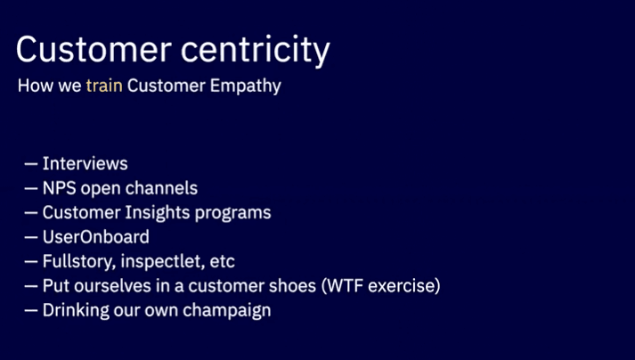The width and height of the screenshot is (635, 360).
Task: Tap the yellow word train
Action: pos(104,87)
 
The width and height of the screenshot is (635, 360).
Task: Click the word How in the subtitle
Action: pos(34,87)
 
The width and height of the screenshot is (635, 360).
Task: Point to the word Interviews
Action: pos(85,164)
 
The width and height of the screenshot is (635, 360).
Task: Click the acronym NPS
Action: pos(60,189)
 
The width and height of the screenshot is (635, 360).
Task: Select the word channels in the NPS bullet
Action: pos(163,189)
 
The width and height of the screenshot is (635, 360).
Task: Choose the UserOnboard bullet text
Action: pos(96,238)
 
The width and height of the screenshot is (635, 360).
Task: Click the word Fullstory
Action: pos(77,262)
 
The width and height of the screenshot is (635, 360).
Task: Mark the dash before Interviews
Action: pos(30,164)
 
